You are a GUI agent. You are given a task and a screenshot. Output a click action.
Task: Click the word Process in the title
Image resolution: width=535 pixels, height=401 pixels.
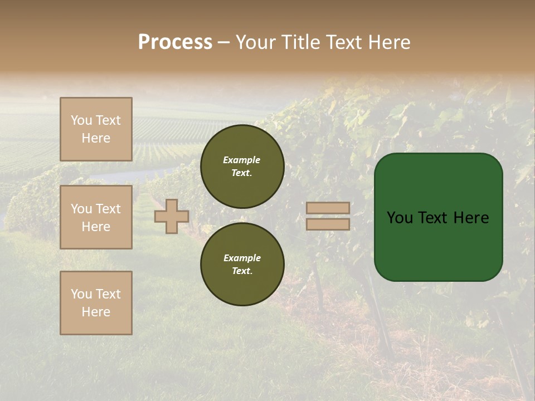(x=175, y=42)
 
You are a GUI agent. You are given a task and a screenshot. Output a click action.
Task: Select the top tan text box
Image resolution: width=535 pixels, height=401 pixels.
(x=96, y=129)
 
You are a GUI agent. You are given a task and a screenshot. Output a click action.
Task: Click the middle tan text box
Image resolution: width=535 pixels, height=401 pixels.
(x=96, y=217)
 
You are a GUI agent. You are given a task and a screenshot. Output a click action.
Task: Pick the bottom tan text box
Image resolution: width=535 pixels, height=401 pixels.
(x=96, y=302)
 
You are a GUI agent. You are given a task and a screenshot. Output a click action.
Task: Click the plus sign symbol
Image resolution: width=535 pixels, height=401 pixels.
(x=172, y=216)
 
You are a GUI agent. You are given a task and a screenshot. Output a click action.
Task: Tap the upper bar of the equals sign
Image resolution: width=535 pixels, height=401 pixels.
(x=328, y=208)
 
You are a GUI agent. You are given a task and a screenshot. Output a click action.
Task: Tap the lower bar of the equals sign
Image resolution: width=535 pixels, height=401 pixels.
(x=328, y=224)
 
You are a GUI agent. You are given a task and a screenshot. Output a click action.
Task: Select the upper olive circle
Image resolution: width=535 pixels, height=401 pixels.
(x=242, y=167)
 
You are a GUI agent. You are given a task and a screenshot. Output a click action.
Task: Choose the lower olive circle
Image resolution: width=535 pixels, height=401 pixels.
(x=242, y=265)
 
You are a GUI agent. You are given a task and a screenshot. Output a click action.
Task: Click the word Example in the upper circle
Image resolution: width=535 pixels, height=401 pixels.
(x=242, y=160)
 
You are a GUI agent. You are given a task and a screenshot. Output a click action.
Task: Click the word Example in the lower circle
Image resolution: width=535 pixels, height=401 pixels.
(x=242, y=258)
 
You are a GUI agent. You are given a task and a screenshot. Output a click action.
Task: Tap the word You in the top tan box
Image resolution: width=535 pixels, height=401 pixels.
(x=81, y=120)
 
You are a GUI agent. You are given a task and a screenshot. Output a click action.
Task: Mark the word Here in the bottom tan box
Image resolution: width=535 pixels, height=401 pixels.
(x=96, y=312)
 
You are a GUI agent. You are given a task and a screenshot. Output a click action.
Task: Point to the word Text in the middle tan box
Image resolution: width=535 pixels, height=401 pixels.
(x=108, y=209)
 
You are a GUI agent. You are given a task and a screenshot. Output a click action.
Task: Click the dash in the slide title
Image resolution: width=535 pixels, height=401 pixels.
(x=224, y=42)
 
